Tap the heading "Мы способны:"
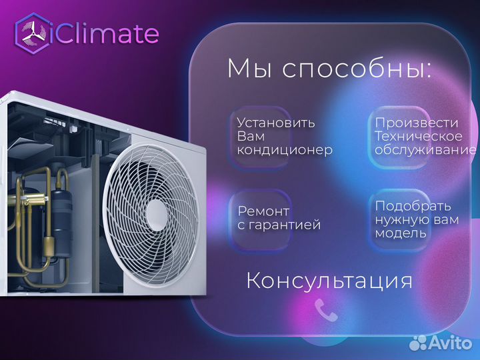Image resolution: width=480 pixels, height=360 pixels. coord(329,69)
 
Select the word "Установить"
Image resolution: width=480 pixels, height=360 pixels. coord(276,123)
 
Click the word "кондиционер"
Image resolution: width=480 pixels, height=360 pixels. coord(285,150)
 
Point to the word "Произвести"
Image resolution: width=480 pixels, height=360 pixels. coord(417,123)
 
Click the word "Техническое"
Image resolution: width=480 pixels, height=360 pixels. coord(418,137)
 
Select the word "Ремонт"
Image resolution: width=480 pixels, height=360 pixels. coord(264,211)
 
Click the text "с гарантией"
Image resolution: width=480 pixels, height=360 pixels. coord(279,225)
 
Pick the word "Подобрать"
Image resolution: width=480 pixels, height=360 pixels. coord(413,206)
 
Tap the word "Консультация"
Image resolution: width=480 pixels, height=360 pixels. coord(329,280)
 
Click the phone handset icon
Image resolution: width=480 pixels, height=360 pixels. coord(327,309)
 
